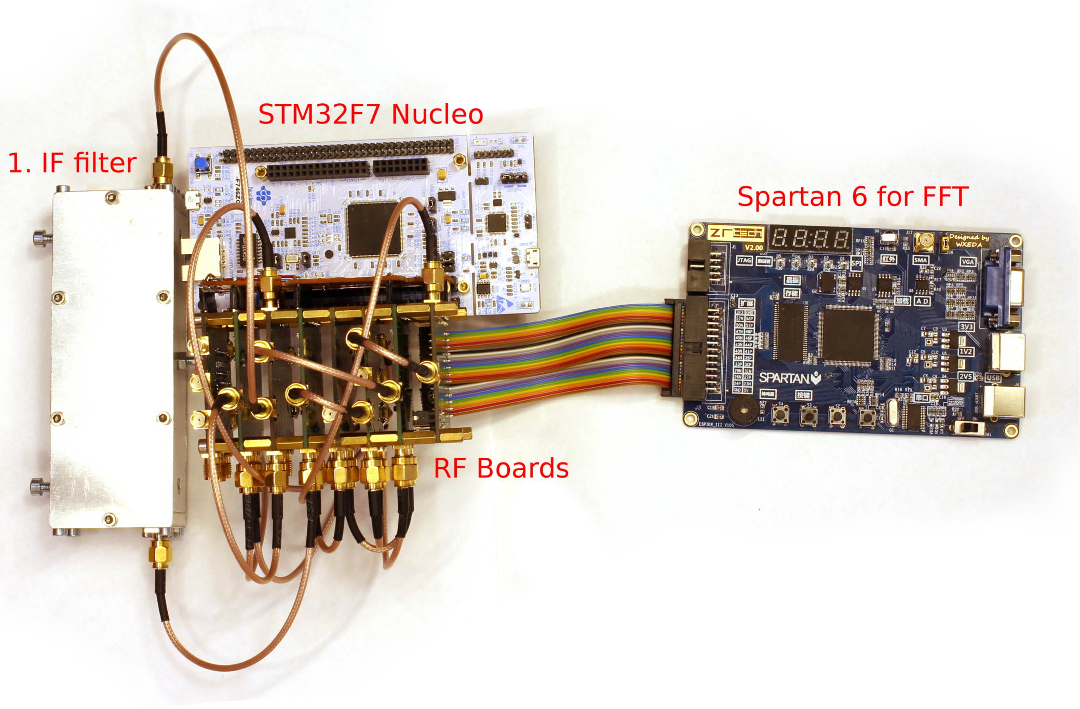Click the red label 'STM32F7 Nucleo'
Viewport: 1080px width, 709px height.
click(370, 114)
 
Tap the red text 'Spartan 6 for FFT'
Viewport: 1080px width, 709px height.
click(853, 197)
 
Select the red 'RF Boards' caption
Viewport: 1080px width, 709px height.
click(501, 468)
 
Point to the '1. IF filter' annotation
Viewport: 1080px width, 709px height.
click(72, 163)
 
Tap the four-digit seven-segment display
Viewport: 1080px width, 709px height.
click(810, 239)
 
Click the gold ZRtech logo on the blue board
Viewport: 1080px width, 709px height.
click(736, 233)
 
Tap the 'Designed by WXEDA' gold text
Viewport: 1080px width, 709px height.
click(969, 240)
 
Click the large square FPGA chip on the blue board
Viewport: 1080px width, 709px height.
click(849, 335)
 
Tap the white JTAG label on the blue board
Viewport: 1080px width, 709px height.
click(744, 260)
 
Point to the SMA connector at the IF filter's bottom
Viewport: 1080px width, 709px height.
click(160, 553)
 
